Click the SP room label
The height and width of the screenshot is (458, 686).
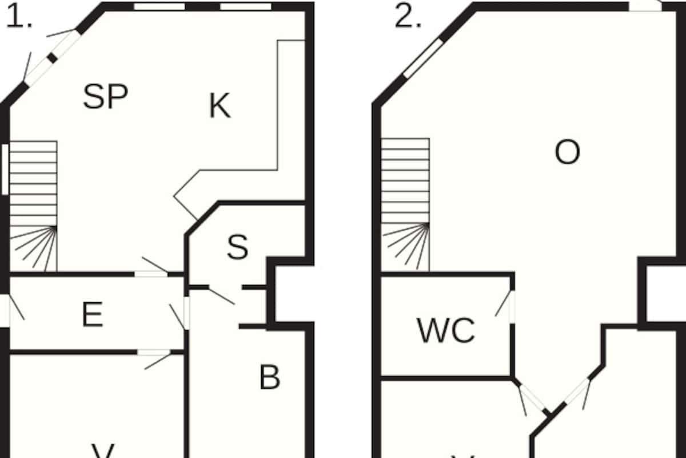pos(105,96)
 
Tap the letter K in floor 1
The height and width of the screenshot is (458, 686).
pos(220,106)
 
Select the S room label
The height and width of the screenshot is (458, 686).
pos(237,247)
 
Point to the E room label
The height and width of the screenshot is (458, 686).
pos(93,314)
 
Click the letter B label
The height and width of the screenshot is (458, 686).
pos(269,377)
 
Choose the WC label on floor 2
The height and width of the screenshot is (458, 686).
pos(446,330)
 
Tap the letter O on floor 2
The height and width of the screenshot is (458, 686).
pos(567,152)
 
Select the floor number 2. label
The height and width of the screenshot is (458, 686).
pos(408,18)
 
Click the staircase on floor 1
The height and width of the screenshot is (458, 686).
pos(34,206)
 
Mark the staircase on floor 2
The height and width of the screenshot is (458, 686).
pos(405,204)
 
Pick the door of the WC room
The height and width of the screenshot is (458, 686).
pos(512,307)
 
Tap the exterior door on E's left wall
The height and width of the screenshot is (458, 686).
pos(5,310)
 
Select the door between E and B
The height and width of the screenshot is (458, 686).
pos(186,313)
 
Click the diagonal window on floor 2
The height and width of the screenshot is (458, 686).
pos(424,58)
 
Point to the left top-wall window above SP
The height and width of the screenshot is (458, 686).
pos(159,7)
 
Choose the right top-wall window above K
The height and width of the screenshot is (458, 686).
pos(245,7)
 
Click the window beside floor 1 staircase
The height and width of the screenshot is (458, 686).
pos(5,169)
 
